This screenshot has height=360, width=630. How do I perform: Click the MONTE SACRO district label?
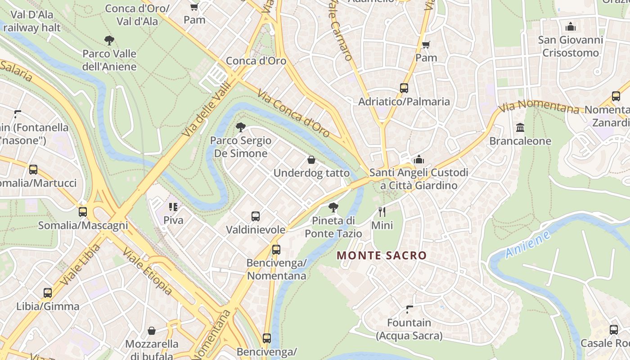[382, 256]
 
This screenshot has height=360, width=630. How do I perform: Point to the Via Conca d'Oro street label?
[293, 113]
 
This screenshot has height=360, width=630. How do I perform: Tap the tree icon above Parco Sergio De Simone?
[241, 127]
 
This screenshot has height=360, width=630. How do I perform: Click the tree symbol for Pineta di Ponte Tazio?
[333, 207]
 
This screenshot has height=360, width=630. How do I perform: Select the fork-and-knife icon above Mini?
[382, 211]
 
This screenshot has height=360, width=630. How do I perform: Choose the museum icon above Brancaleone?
[520, 127]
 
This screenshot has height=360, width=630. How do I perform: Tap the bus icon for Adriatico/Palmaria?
[404, 88]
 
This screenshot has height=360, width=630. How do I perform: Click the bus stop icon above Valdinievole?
[256, 216]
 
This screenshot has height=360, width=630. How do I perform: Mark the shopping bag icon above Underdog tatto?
[311, 160]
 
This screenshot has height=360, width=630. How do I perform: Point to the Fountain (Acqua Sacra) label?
[409, 329]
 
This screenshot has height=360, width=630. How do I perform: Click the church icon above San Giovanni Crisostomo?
[571, 27]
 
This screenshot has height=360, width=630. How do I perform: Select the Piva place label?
[173, 220]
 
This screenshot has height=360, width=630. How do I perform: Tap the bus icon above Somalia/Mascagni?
[83, 211]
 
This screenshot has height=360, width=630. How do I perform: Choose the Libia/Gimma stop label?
[48, 306]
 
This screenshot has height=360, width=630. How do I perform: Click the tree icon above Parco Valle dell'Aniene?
[109, 40]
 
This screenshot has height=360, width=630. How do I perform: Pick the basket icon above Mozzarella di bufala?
[152, 331]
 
